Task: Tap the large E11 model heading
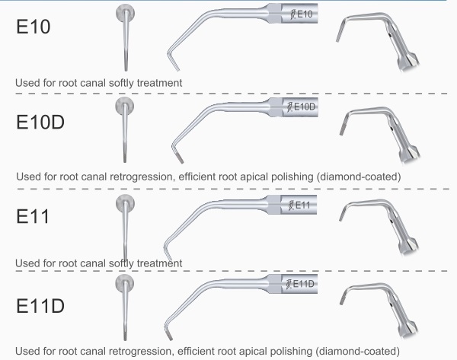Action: [34, 215]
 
